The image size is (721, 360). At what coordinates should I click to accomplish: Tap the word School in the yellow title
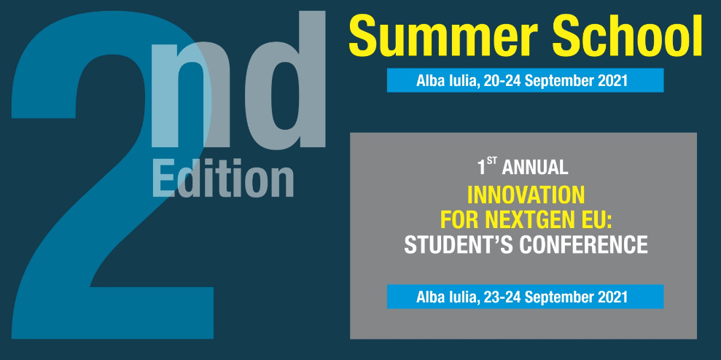[627, 36]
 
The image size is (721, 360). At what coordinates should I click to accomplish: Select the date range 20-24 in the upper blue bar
[502, 80]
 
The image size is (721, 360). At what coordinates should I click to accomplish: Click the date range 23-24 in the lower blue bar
[502, 297]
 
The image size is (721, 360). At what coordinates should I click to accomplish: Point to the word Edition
[222, 179]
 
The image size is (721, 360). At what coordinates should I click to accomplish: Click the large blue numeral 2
[113, 175]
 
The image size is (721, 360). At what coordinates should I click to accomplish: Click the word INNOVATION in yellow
[526, 195]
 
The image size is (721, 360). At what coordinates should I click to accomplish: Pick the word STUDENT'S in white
[460, 245]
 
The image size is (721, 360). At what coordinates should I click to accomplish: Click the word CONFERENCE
[583, 245]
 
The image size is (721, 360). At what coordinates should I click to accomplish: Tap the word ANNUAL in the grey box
[535, 168]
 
